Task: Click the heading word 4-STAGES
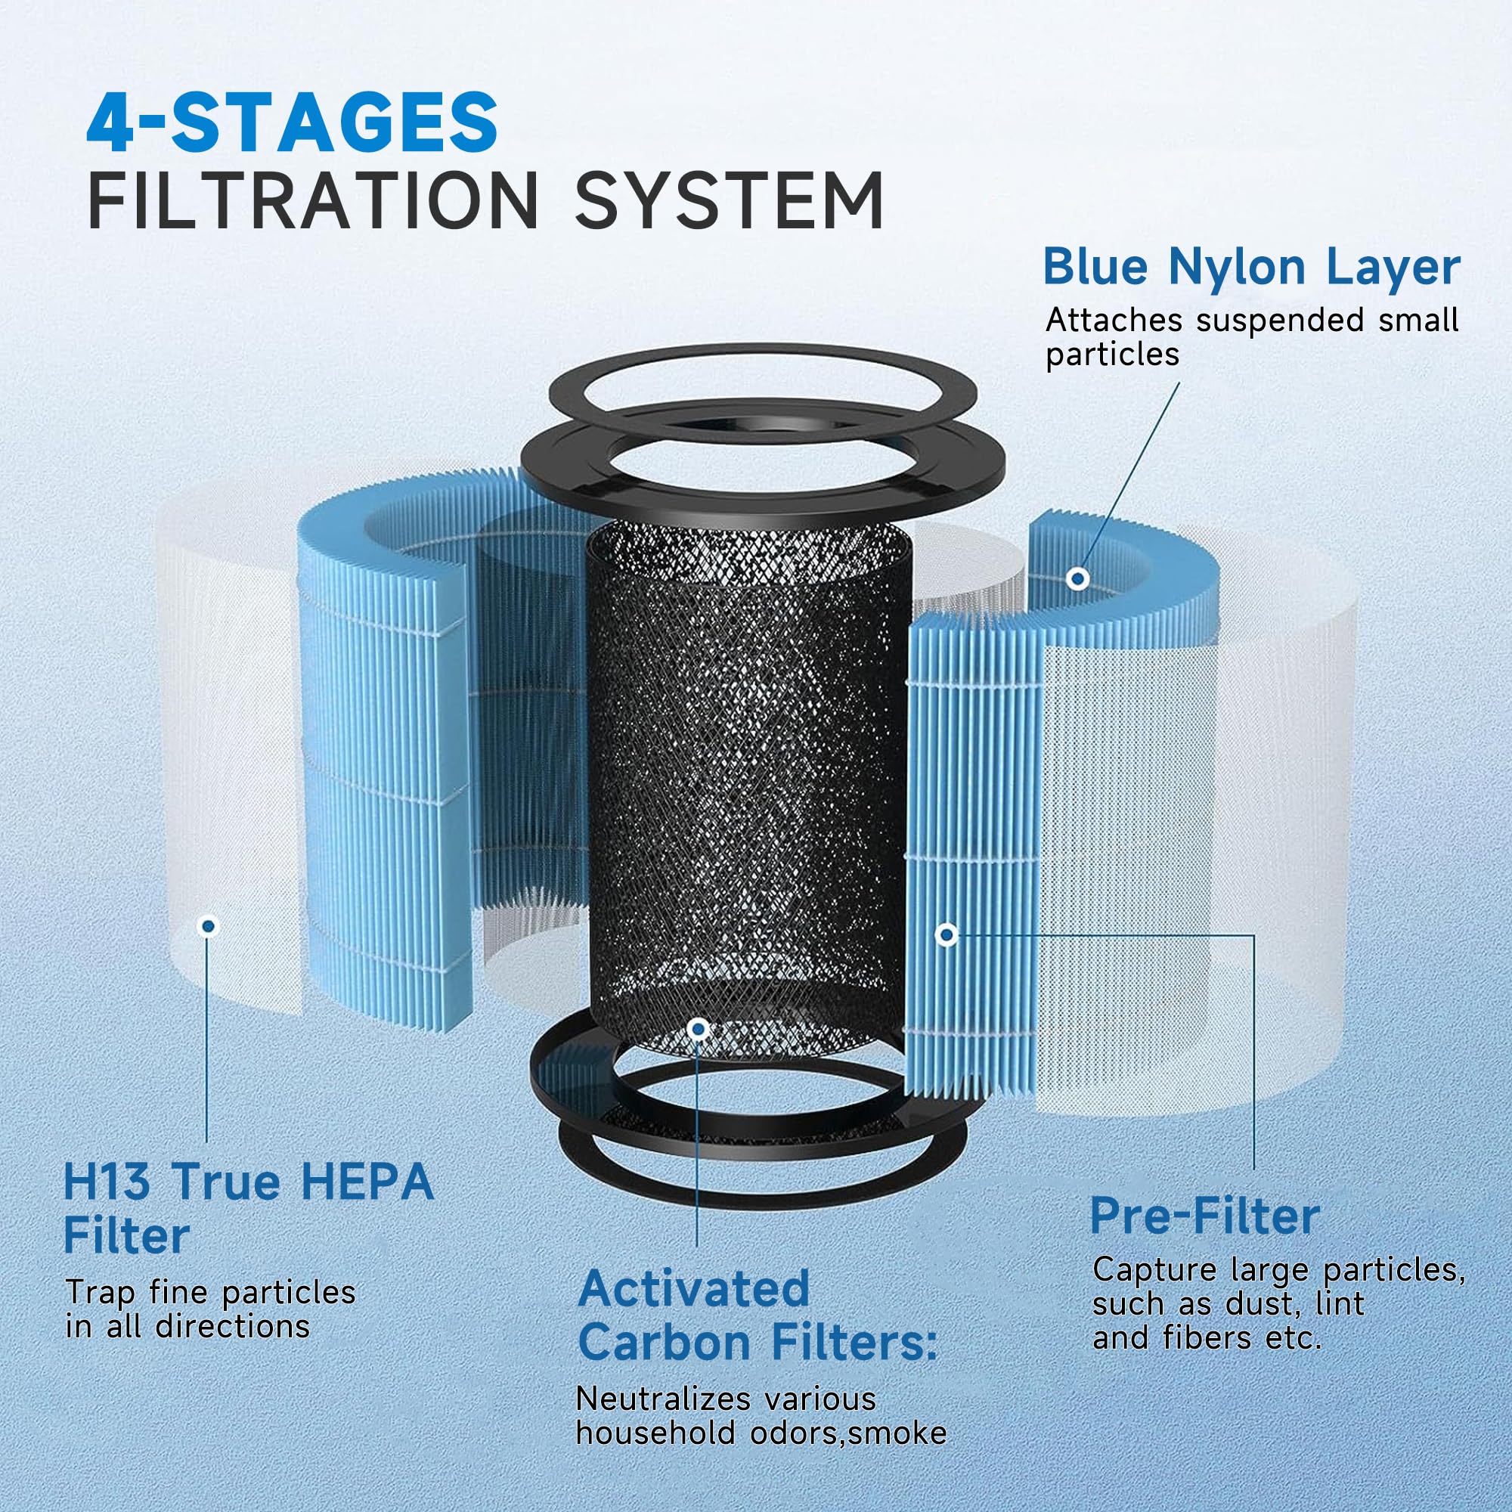[x=291, y=123]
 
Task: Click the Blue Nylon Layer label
[x=1250, y=268]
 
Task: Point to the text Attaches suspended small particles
[x=1250, y=336]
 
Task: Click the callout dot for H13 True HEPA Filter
[x=207, y=926]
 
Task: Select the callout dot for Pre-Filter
[x=947, y=934]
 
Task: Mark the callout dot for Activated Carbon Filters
[x=698, y=1029]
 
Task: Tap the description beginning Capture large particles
[x=1277, y=1304]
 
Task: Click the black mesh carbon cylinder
[x=748, y=782]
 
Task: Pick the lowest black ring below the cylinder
[x=763, y=1154]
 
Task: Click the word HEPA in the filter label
[x=366, y=1182]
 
